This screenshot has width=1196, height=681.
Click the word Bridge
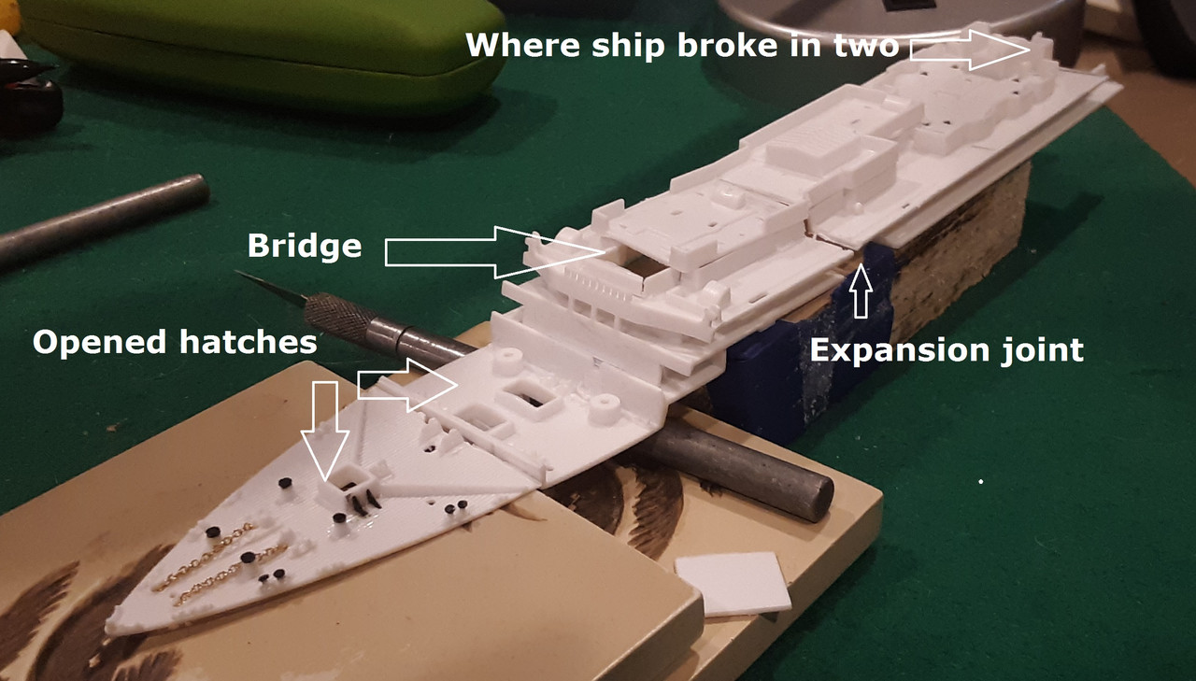tap(305, 246)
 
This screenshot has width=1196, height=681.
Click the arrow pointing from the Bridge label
tap(494, 252)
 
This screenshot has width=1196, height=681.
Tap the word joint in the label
tap(1043, 350)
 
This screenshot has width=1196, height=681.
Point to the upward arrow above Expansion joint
tap(861, 291)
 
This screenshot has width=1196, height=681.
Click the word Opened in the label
tap(99, 343)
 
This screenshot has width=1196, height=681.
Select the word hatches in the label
tap(249, 342)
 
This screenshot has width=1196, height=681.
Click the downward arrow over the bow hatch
tap(324, 430)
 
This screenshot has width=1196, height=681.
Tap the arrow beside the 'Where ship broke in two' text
tap(969, 50)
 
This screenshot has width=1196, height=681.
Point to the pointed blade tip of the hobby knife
tap(236, 273)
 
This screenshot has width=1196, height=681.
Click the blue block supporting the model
tap(801, 368)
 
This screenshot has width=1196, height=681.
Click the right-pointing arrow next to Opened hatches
tap(407, 385)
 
